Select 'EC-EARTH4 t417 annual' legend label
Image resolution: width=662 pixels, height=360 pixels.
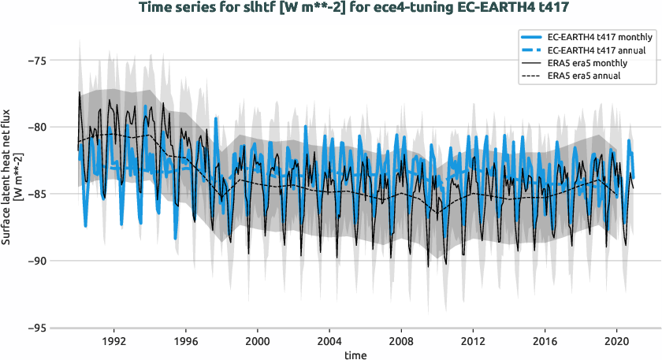pyautogui.click(x=594, y=50)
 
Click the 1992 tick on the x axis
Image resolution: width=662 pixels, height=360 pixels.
pyautogui.click(x=114, y=343)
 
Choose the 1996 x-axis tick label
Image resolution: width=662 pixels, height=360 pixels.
pyautogui.click(x=186, y=343)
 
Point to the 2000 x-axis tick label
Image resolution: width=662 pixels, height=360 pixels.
pyautogui.click(x=258, y=343)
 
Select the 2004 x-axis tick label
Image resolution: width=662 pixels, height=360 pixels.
pyautogui.click(x=329, y=343)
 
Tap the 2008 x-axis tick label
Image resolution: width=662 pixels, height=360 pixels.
pyautogui.click(x=401, y=343)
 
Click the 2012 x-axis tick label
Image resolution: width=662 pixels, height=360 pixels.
pyautogui.click(x=472, y=343)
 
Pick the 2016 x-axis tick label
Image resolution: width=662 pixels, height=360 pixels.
pyautogui.click(x=544, y=343)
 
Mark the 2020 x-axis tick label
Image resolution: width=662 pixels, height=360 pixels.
pyautogui.click(x=616, y=343)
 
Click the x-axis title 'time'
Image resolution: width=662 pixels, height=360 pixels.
pyautogui.click(x=355, y=354)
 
